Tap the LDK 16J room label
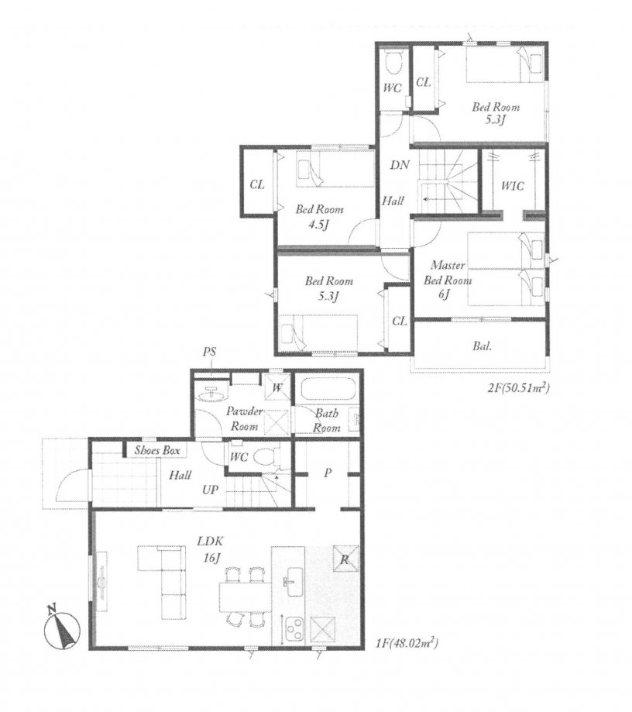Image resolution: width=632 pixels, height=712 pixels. click(210, 549)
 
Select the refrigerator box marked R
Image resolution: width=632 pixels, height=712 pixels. click(345, 559)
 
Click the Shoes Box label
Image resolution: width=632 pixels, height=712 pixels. click(157, 450)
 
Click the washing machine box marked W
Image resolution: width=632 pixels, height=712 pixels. click(277, 387)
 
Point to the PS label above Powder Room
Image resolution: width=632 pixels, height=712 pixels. click(209, 352)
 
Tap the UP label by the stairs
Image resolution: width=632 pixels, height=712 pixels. click(210, 490)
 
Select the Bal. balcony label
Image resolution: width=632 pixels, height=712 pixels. click(482, 346)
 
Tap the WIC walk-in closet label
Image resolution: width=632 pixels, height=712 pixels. click(512, 186)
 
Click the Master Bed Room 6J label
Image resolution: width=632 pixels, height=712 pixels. click(448, 280)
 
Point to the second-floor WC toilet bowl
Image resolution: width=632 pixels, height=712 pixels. click(393, 63)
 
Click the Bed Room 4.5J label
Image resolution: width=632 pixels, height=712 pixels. click(320, 217)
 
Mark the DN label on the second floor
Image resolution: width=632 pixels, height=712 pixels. click(400, 165)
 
